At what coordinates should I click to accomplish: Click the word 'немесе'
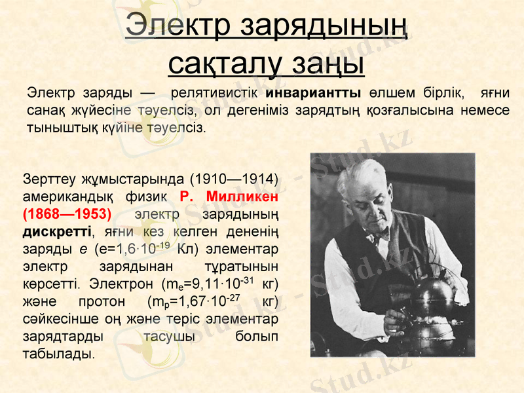(480, 109)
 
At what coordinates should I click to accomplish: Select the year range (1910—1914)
(234, 179)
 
